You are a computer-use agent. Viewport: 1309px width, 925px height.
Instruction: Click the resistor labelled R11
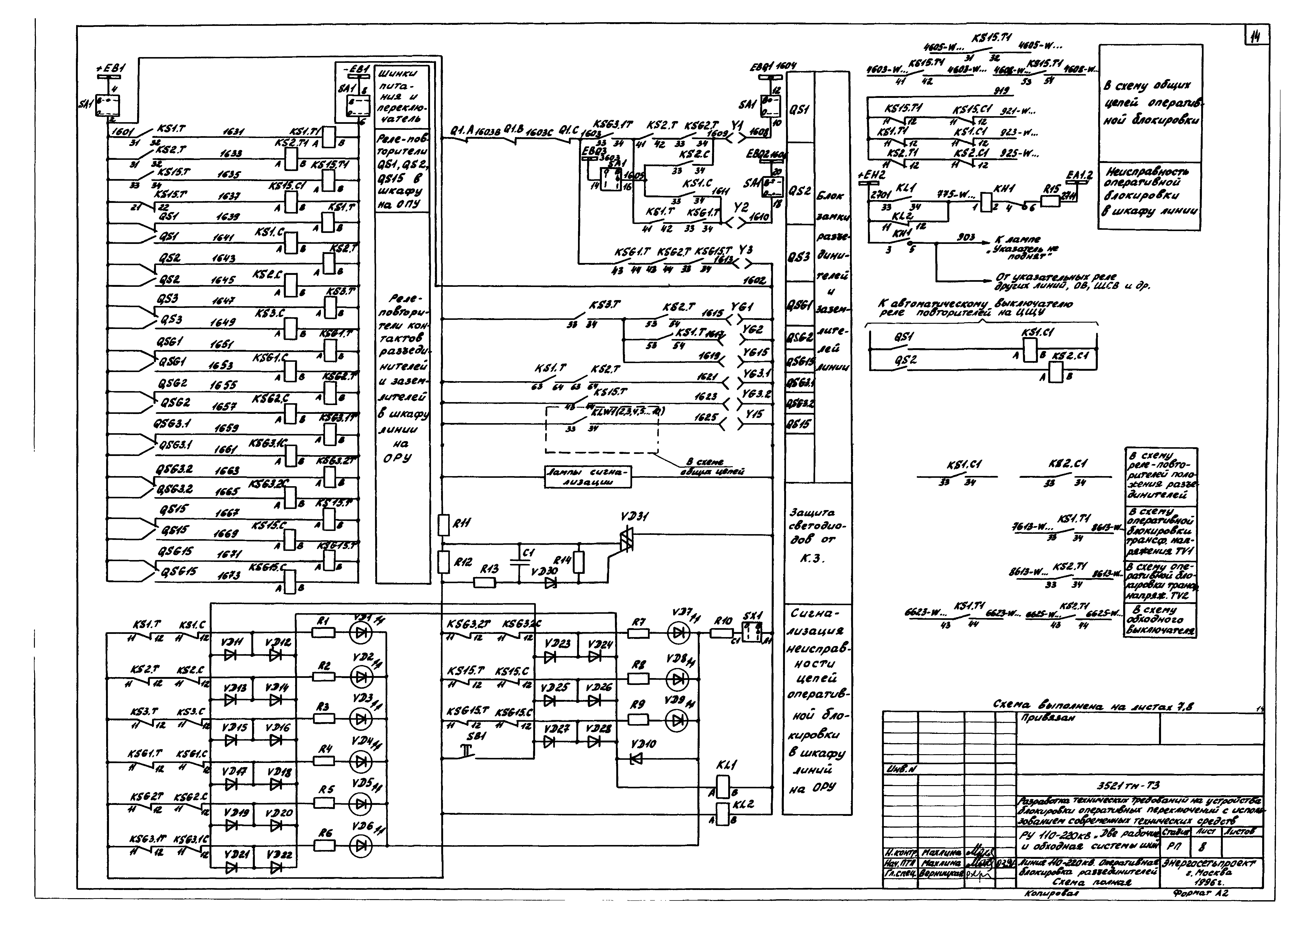[x=443, y=524]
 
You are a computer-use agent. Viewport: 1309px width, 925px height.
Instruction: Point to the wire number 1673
[x=229, y=576]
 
